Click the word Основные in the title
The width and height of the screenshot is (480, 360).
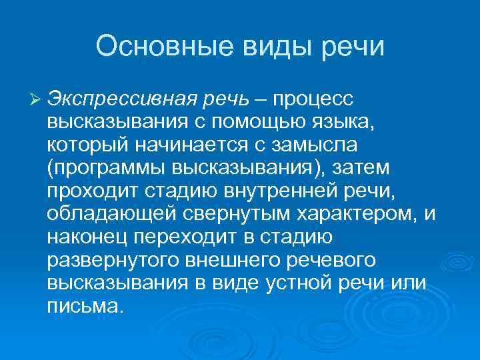(x=163, y=47)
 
